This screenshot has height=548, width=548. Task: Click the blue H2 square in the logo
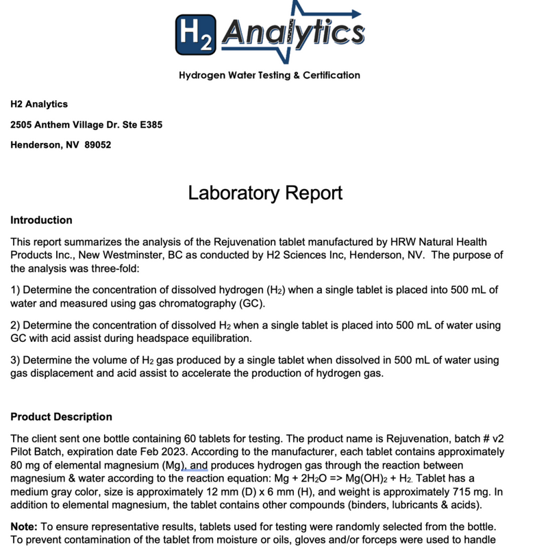[195, 35]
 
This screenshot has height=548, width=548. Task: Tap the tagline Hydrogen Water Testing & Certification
[269, 75]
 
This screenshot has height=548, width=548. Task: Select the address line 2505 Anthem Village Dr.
[86, 125]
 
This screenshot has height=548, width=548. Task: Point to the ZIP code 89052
[97, 145]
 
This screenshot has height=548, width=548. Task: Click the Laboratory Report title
[265, 193]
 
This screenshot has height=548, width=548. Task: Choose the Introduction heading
[41, 221]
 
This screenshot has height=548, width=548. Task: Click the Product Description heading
[61, 417]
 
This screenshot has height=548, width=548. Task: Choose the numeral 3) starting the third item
[16, 360]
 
